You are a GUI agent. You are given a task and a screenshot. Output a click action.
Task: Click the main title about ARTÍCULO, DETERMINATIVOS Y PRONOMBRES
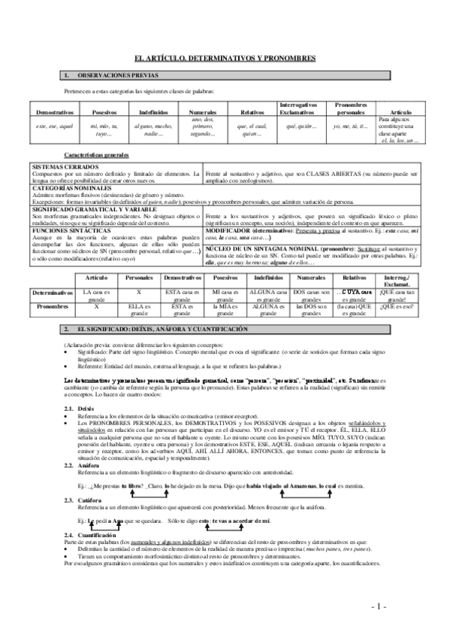pos(225,58)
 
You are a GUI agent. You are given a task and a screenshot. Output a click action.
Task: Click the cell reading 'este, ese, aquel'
pos(54,126)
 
